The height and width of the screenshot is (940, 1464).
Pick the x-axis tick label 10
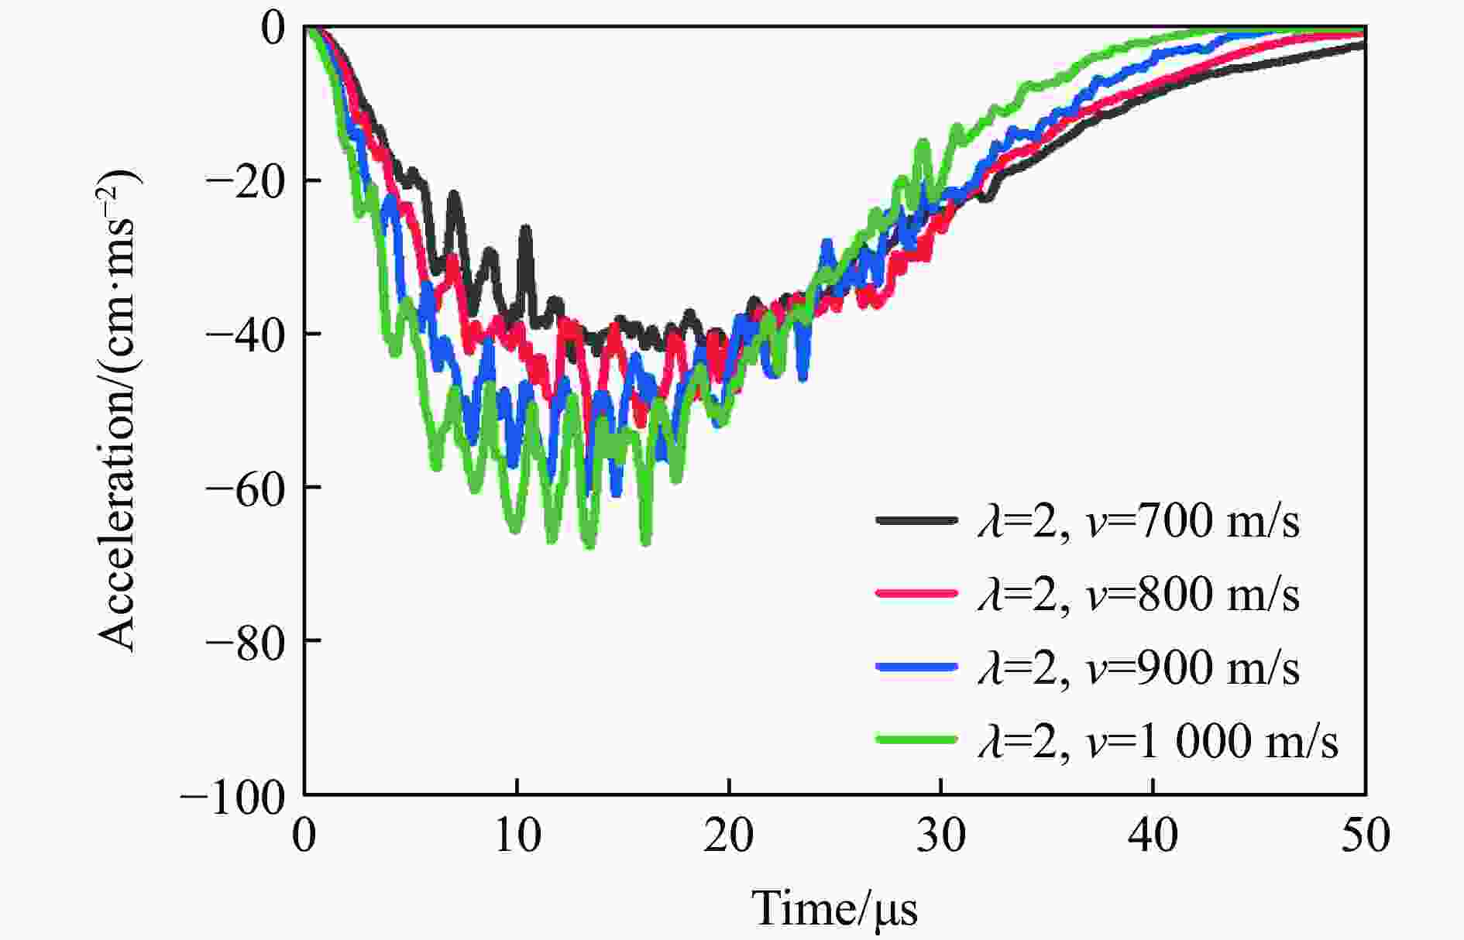[x=517, y=836]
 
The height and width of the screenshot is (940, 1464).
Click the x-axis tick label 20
[x=729, y=836]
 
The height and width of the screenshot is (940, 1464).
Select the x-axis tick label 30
[x=941, y=836]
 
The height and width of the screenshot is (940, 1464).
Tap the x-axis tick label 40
[x=1153, y=836]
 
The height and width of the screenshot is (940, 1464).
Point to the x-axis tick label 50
[x=1365, y=836]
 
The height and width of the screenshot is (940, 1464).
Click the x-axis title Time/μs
[x=834, y=907]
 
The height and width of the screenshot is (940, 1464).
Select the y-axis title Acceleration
[x=118, y=410]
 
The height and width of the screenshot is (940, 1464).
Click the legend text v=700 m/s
[x=1139, y=520]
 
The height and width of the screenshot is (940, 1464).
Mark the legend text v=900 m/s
[x=1139, y=667]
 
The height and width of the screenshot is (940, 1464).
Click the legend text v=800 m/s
[x=1139, y=594]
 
